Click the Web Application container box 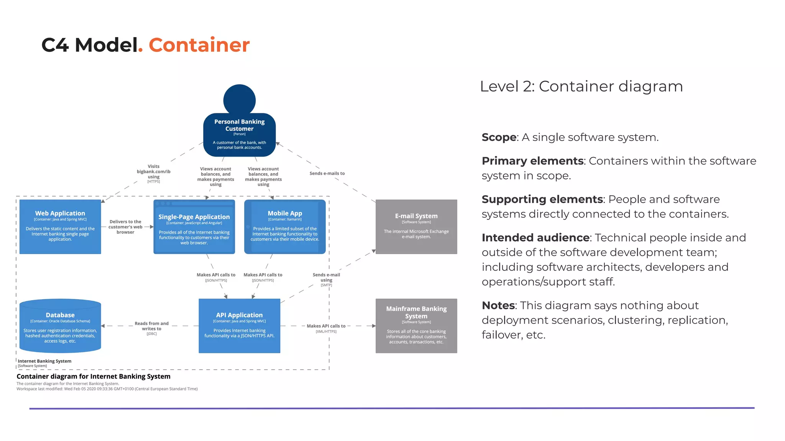[60, 227]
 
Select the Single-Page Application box [194, 227]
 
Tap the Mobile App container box [285, 227]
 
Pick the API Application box [239, 326]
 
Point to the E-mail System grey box [416, 227]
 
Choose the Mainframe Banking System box [416, 326]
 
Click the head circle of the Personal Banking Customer [239, 100]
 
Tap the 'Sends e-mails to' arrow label [327, 173]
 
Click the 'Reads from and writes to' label [151, 326]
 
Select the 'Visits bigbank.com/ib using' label [153, 172]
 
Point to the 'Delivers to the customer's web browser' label [125, 227]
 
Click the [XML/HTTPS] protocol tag [326, 332]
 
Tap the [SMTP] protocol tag [326, 285]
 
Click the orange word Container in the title [199, 45]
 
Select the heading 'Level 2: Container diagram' [581, 87]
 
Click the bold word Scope [499, 137]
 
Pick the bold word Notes [498, 305]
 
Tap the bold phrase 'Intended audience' [535, 238]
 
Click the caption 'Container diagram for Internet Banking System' [94, 376]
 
